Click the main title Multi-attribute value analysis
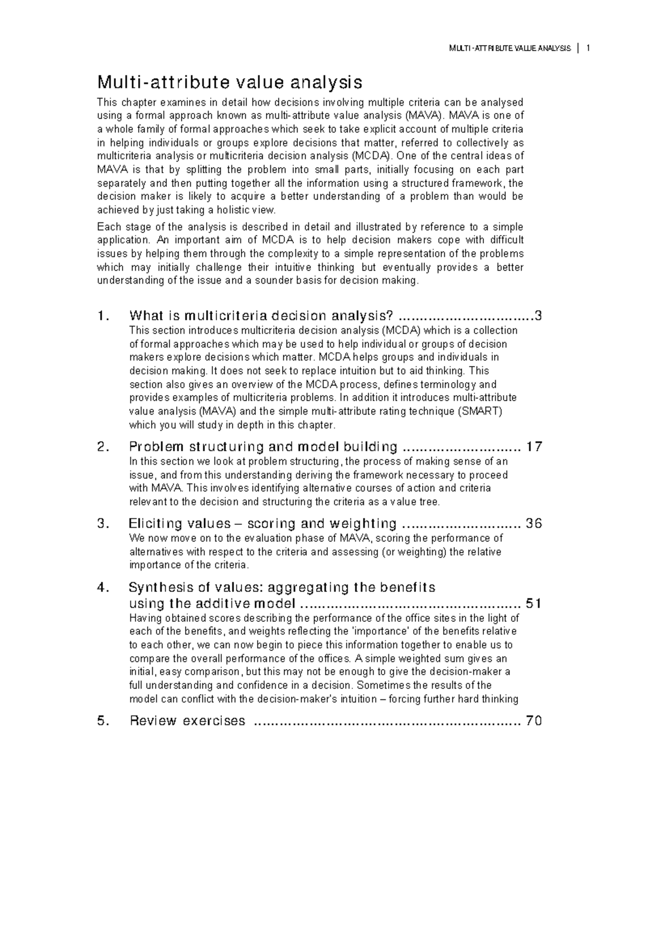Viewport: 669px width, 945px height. pos(230,82)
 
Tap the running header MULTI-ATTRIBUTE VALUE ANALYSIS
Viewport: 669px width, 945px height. pos(510,49)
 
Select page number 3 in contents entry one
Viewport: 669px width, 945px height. pos(537,316)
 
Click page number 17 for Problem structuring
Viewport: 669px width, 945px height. pos(534,447)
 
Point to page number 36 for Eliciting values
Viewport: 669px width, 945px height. pos(534,524)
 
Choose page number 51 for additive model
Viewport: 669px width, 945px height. pos(534,603)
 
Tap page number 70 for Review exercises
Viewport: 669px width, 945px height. pos(534,721)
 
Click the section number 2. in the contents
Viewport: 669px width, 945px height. pos(101,447)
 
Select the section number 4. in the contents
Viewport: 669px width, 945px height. pos(101,587)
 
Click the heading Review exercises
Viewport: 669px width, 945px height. pos(187,721)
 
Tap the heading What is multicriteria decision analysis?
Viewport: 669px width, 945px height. pos(261,316)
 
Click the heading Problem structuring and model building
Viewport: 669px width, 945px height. pos(263,447)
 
